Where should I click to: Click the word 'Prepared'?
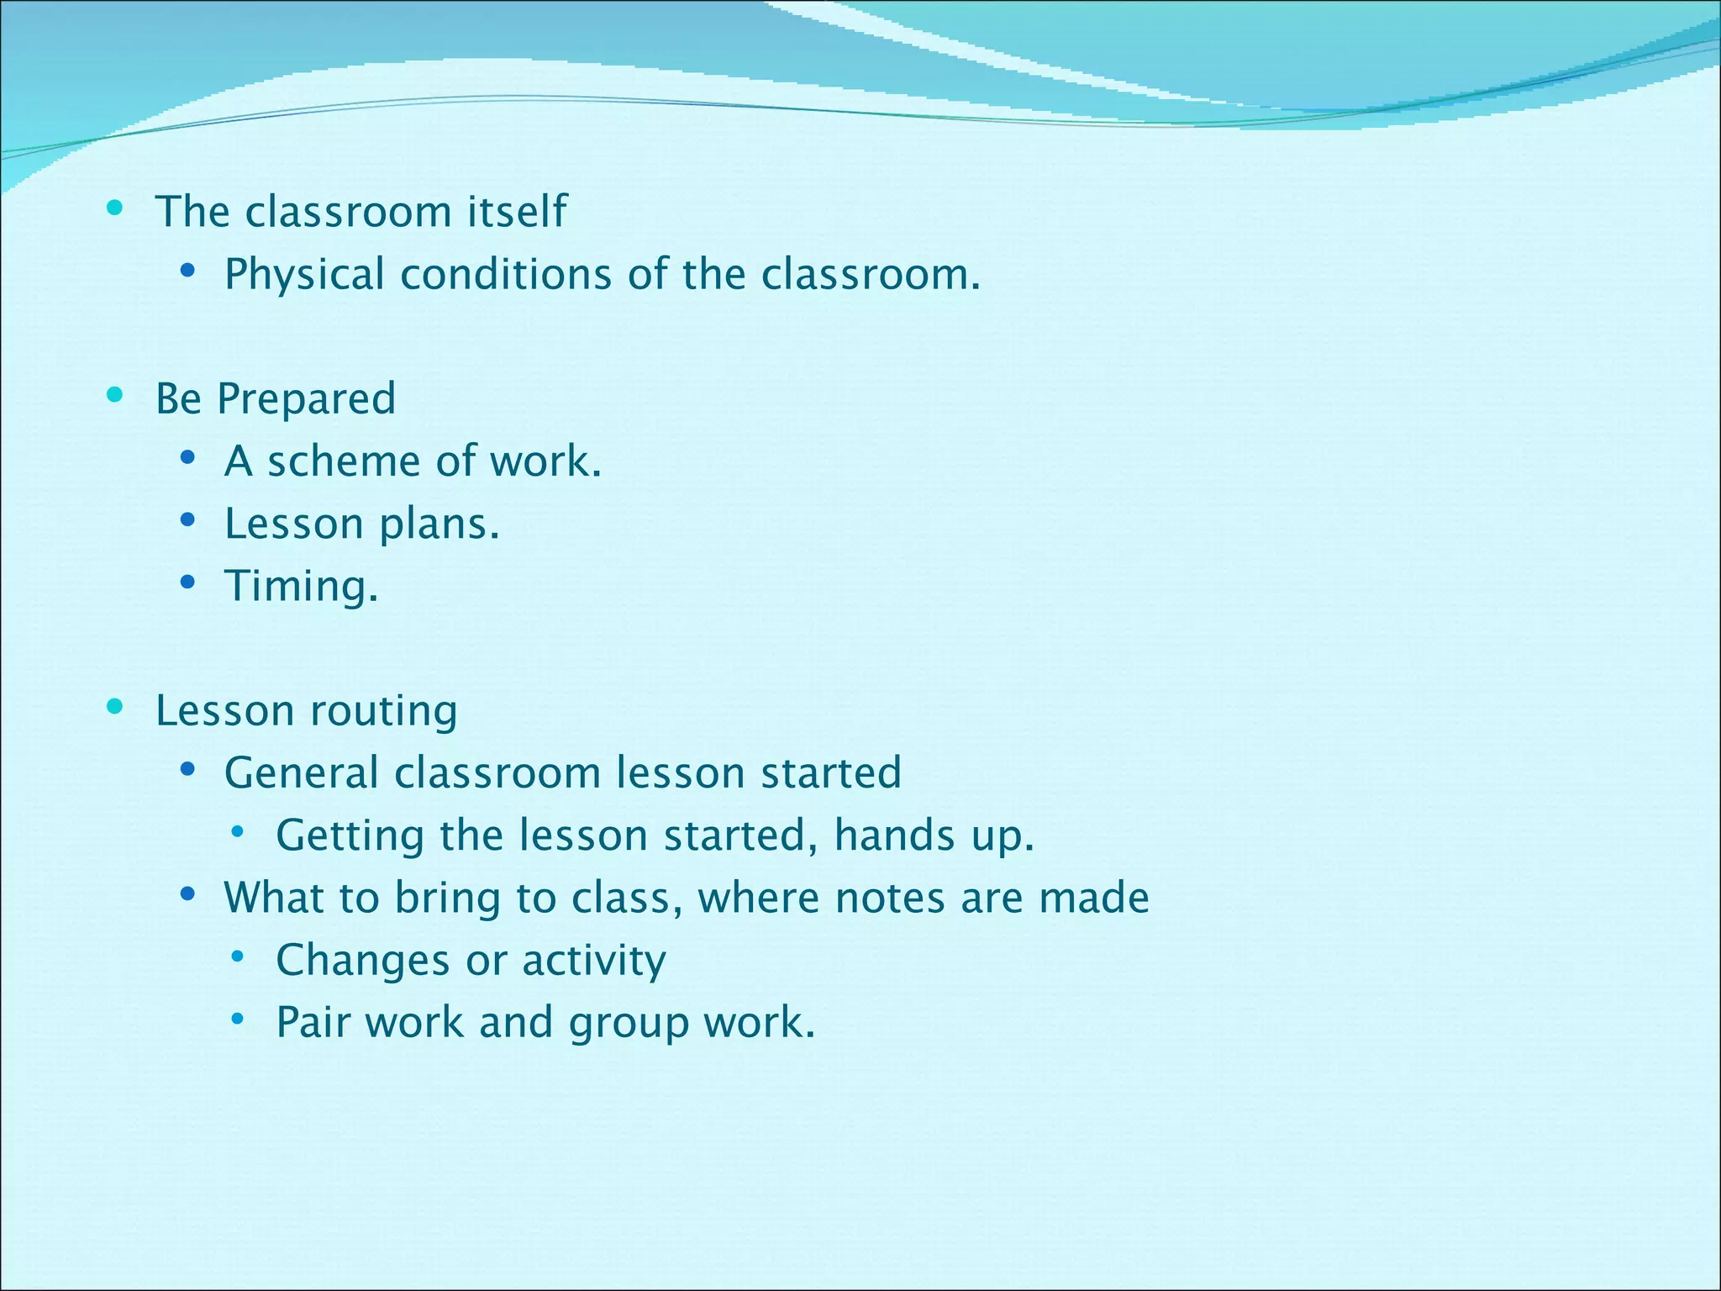point(306,398)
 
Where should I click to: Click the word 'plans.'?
point(439,524)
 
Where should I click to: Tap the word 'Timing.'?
point(301,587)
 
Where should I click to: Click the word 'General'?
point(301,773)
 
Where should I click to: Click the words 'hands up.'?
point(934,836)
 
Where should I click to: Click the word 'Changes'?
point(363,961)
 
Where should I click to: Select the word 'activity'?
point(593,961)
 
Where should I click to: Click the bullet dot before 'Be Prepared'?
point(115,395)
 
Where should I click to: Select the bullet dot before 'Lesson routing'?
point(115,707)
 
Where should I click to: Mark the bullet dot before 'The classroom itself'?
point(115,208)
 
